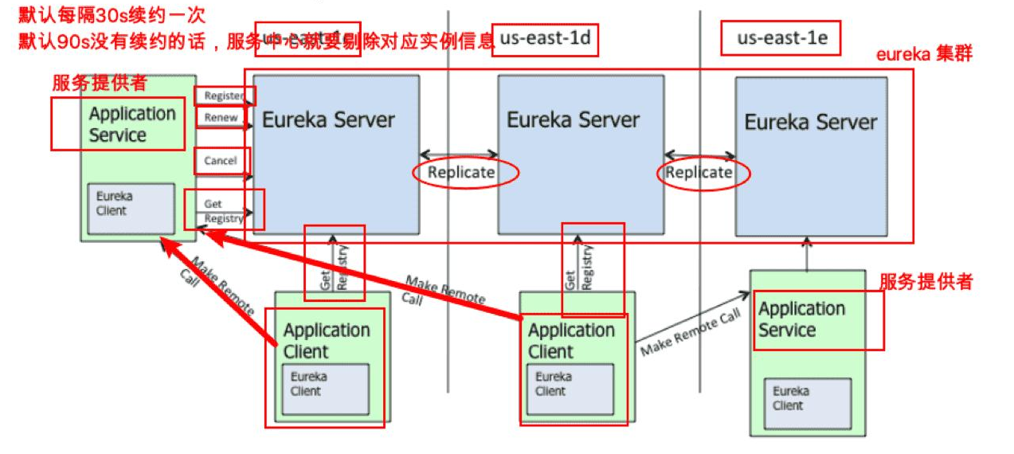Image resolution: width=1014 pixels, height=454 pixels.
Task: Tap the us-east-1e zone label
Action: [x=780, y=37]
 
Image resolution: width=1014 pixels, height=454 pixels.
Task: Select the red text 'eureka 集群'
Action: [x=924, y=55]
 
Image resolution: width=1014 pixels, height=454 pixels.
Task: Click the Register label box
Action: [x=224, y=96]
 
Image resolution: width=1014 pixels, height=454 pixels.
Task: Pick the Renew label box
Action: [x=221, y=118]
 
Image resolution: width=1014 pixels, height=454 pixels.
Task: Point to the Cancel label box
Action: [x=221, y=161]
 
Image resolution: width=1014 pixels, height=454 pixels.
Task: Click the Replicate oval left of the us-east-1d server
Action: [x=461, y=172]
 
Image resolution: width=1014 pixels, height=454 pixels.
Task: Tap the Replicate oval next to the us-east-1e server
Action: [x=699, y=172]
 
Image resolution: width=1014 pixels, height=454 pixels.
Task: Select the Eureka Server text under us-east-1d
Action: [x=573, y=120]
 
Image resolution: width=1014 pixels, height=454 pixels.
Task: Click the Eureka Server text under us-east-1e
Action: [x=810, y=123]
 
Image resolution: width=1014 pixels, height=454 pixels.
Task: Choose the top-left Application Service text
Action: [x=132, y=124]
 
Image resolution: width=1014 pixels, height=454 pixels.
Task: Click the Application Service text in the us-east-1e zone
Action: [x=801, y=319]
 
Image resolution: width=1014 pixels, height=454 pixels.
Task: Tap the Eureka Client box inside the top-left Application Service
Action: [x=131, y=208]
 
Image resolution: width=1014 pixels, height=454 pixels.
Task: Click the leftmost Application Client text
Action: [x=327, y=341]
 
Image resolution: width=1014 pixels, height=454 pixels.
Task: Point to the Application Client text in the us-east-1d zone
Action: [x=571, y=341]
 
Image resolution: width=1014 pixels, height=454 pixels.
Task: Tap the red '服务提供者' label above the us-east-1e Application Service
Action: [x=926, y=282]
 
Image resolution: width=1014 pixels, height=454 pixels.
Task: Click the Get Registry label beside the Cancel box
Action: [x=223, y=211]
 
